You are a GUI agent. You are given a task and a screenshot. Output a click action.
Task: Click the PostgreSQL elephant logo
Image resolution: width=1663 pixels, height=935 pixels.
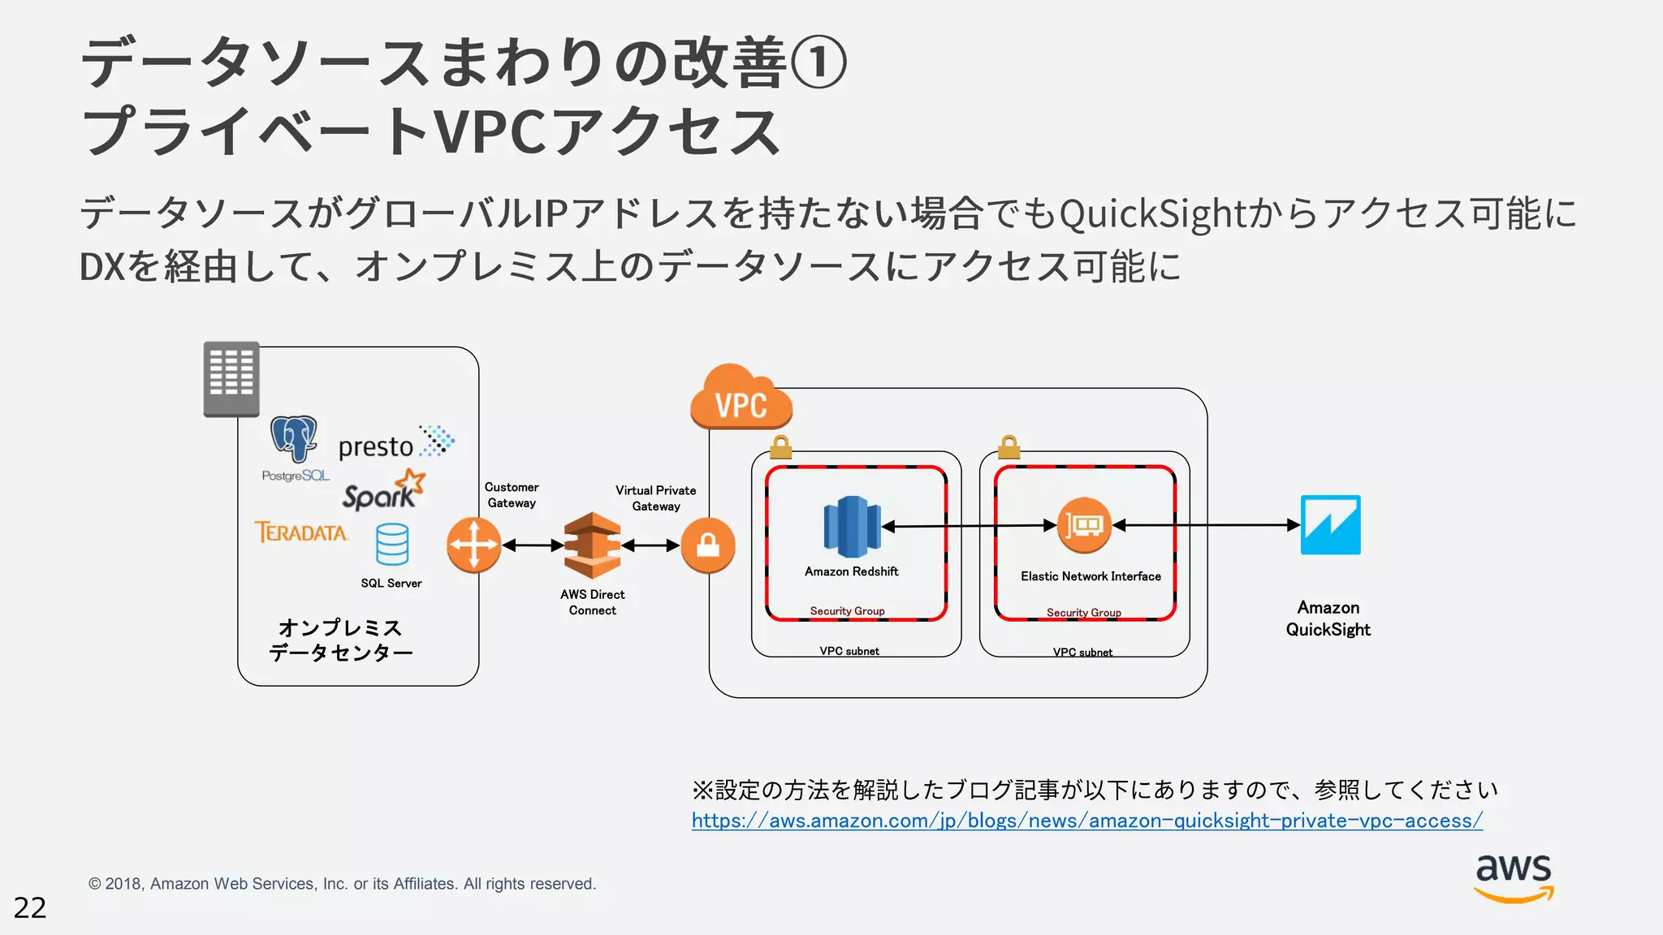(x=294, y=439)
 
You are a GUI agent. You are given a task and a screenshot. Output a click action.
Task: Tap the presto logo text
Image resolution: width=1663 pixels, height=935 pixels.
(x=376, y=446)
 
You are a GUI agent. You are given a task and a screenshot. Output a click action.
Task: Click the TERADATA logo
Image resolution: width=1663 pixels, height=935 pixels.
(x=301, y=532)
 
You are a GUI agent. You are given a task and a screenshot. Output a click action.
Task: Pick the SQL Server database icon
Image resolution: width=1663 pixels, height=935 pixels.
(x=392, y=544)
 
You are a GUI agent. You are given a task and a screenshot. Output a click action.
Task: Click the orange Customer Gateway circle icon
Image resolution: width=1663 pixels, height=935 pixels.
(x=474, y=545)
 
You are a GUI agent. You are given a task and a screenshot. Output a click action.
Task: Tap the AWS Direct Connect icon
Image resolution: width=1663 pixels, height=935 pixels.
(x=592, y=545)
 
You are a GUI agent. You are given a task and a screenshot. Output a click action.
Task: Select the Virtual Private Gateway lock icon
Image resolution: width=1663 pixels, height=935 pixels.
(x=708, y=545)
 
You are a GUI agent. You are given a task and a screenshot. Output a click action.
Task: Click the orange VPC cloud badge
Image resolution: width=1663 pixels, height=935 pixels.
(x=741, y=399)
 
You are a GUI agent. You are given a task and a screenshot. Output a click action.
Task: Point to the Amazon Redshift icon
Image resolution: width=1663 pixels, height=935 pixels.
(x=852, y=527)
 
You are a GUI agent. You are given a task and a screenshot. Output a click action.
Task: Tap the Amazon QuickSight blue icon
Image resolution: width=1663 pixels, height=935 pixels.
(x=1330, y=525)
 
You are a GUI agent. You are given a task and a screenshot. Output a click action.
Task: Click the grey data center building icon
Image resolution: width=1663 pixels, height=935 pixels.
(x=231, y=378)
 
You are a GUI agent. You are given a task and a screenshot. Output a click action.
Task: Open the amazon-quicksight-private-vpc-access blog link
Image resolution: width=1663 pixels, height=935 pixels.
(x=1086, y=821)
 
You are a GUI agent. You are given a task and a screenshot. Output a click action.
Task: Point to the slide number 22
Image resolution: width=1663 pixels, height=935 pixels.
(x=30, y=907)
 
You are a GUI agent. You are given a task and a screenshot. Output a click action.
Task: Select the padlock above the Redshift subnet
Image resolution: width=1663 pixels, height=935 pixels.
(x=780, y=447)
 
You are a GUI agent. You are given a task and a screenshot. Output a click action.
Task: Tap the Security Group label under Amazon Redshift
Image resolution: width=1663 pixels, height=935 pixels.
(x=847, y=611)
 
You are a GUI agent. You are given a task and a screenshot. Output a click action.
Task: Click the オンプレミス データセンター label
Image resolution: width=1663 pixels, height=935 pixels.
(x=340, y=640)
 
